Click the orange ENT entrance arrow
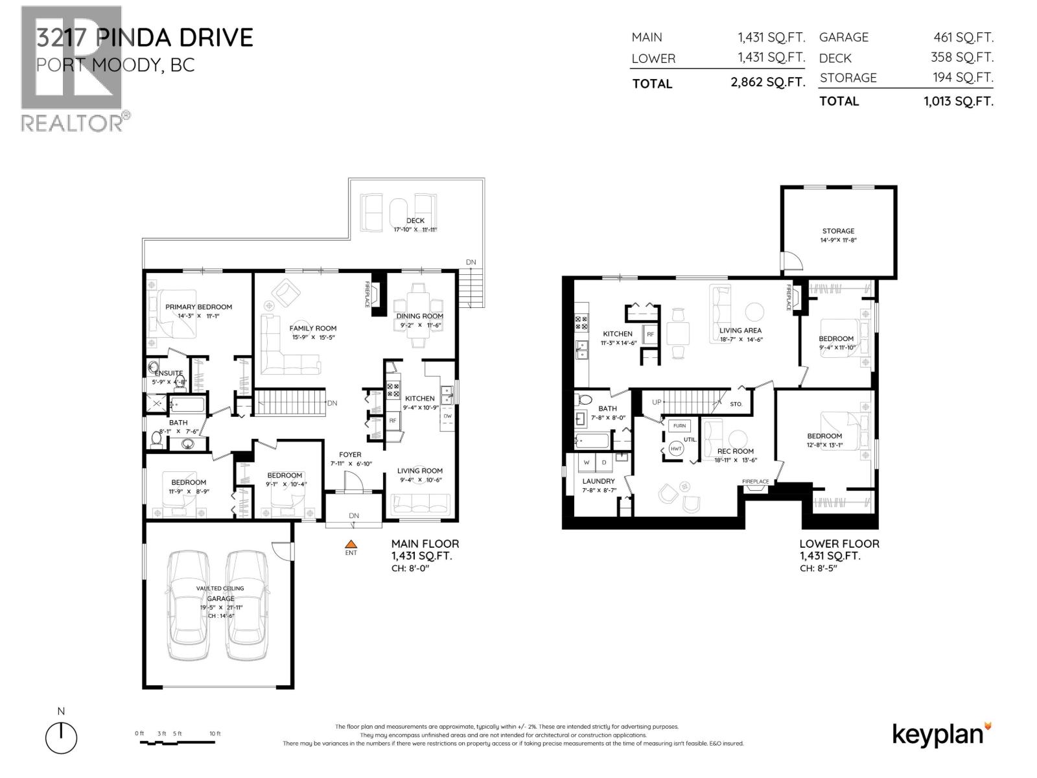(x=351, y=545)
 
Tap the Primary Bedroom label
(x=198, y=307)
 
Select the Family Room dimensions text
(x=313, y=337)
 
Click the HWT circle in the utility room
(x=676, y=449)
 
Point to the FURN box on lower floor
(x=679, y=426)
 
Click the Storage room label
(x=838, y=231)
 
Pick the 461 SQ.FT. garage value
(x=962, y=38)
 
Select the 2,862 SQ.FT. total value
(x=767, y=83)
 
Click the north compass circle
(x=62, y=738)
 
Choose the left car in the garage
(x=189, y=606)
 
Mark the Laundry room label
(x=598, y=481)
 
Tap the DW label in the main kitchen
(x=447, y=416)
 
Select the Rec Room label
(x=736, y=451)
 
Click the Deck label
(x=415, y=220)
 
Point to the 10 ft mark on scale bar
(x=215, y=733)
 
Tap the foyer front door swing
(x=351, y=482)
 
